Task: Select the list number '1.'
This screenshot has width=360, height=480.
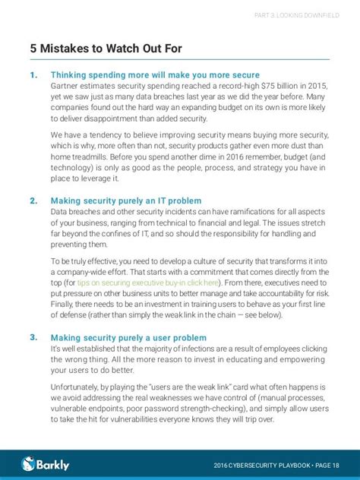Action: (x=33, y=75)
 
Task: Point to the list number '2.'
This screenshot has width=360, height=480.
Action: (x=33, y=201)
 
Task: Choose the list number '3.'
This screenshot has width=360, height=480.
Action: (x=33, y=337)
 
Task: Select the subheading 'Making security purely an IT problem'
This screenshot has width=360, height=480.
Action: (x=126, y=201)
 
